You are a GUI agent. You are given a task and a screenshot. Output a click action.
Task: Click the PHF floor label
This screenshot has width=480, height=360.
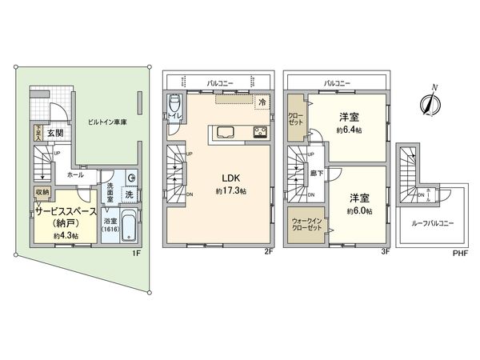pos(459,254)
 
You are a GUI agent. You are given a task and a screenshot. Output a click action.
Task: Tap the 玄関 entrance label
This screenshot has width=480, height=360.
pos(55,134)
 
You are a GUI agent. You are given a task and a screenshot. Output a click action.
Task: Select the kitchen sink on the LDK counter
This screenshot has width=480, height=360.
pos(223,132)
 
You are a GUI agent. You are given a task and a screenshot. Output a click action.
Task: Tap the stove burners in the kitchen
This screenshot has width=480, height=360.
pos(260,132)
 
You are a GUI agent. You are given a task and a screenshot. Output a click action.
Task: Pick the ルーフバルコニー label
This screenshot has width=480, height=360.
pos(436,224)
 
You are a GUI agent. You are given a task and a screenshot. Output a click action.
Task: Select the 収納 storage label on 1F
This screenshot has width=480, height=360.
pos(42,193)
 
